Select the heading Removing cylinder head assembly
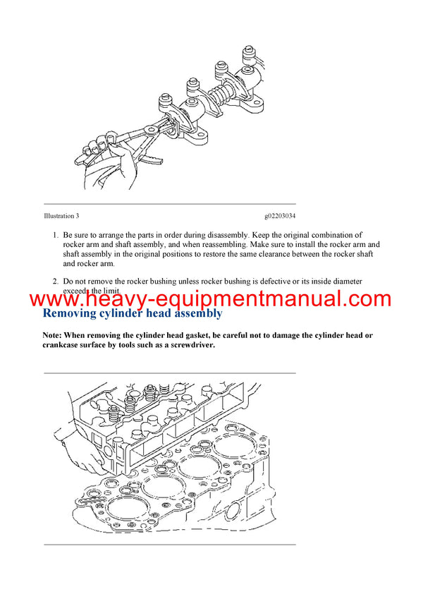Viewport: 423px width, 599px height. pos(133,313)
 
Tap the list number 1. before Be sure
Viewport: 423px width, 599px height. pos(56,234)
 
